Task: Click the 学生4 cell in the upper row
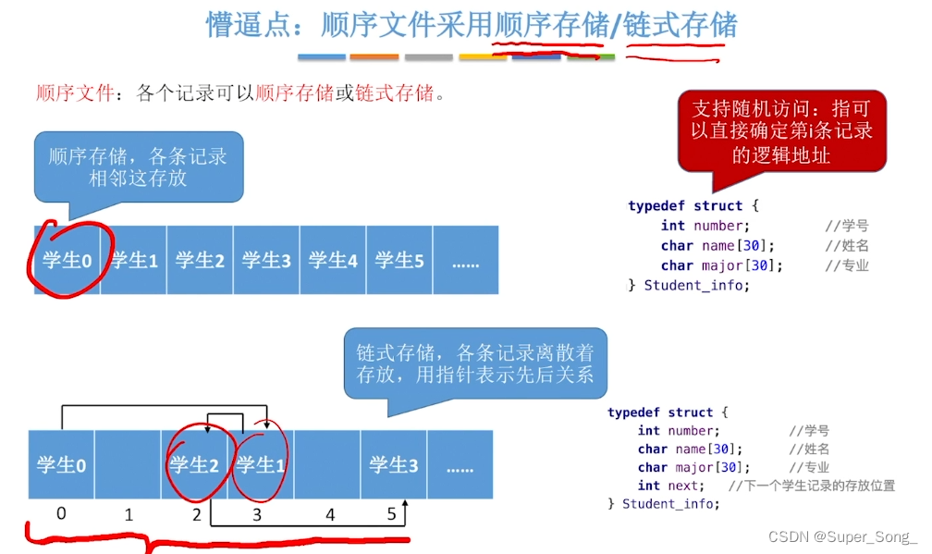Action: coord(333,261)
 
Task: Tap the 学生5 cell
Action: coord(399,261)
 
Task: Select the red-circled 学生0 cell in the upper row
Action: coord(67,261)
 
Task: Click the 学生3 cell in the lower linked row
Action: coord(394,465)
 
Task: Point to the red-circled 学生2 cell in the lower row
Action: coord(194,465)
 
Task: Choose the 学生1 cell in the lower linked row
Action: coord(261,465)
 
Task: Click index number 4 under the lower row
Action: coord(330,514)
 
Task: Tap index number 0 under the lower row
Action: coord(61,512)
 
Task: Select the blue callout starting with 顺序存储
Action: coord(138,166)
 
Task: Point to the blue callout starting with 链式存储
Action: coord(475,363)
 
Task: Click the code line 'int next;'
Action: coord(670,486)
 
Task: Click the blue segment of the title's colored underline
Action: coord(322,57)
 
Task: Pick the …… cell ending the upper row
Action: coord(465,261)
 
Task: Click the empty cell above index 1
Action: coord(128,465)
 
